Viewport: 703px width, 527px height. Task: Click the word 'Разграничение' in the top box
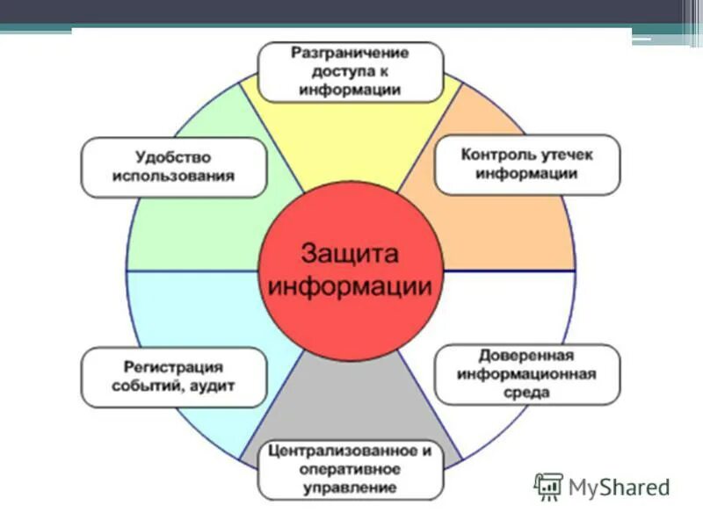[x=351, y=53]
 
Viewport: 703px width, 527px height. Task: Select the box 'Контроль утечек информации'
[x=527, y=164]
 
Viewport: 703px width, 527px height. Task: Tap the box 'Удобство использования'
[x=173, y=166]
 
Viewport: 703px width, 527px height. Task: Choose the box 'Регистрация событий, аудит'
[x=173, y=376]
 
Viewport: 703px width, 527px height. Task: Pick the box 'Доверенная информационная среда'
[x=527, y=374]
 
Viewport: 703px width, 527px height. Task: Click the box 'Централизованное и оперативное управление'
[x=351, y=469]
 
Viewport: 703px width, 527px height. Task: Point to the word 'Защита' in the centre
[x=350, y=253]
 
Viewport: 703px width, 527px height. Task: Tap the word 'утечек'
[x=569, y=155]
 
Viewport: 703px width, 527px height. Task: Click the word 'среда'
[x=527, y=393]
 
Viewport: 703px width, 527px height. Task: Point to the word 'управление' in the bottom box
[x=351, y=487]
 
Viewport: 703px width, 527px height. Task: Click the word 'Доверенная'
[x=527, y=356]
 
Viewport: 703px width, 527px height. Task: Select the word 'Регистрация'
[x=173, y=366]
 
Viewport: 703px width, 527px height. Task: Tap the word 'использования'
[x=173, y=176]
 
